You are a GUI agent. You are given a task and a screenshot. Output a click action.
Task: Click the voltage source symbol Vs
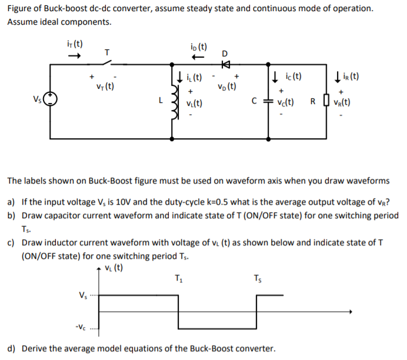pos(51,99)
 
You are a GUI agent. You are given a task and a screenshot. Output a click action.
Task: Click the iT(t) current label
pos(75,44)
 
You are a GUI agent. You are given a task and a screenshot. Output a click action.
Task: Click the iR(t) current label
pos(349,76)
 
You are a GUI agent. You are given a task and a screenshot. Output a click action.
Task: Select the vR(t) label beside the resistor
pos(344,101)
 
